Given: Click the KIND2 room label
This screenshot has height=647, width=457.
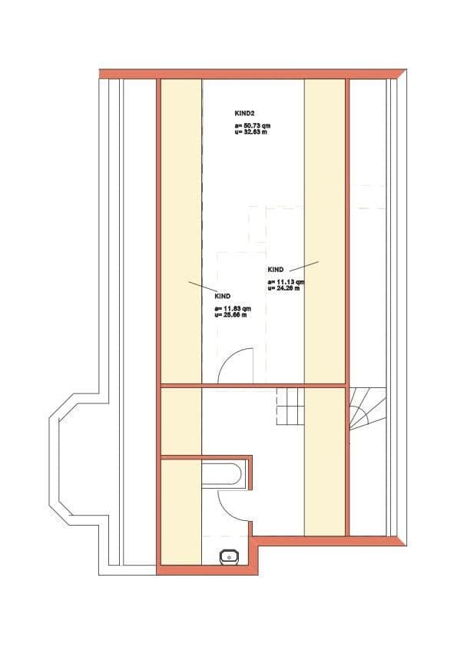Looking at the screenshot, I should (x=244, y=114).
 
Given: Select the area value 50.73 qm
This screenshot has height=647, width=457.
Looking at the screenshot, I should (x=253, y=124).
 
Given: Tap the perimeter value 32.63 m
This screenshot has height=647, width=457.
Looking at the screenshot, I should (x=251, y=131).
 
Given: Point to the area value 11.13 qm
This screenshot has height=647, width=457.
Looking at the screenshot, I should (x=286, y=282).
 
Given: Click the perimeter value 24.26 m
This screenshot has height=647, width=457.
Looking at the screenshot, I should (x=284, y=289).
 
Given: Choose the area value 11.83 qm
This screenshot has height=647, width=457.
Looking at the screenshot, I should (x=233, y=308).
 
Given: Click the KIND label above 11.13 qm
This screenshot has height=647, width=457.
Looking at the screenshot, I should (x=276, y=270).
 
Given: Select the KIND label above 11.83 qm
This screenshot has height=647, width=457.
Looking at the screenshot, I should (x=223, y=296).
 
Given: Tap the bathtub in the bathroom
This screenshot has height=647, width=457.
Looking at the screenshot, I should (x=222, y=473).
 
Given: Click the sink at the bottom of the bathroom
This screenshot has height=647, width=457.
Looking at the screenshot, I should (x=229, y=555).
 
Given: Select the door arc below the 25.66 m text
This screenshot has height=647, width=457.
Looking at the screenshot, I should (x=236, y=367).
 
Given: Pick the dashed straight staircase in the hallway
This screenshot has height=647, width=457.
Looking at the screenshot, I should (x=290, y=406).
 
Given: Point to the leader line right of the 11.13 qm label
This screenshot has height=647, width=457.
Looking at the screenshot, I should (x=304, y=265).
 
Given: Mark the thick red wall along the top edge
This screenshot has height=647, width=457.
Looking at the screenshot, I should (x=253, y=73).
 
